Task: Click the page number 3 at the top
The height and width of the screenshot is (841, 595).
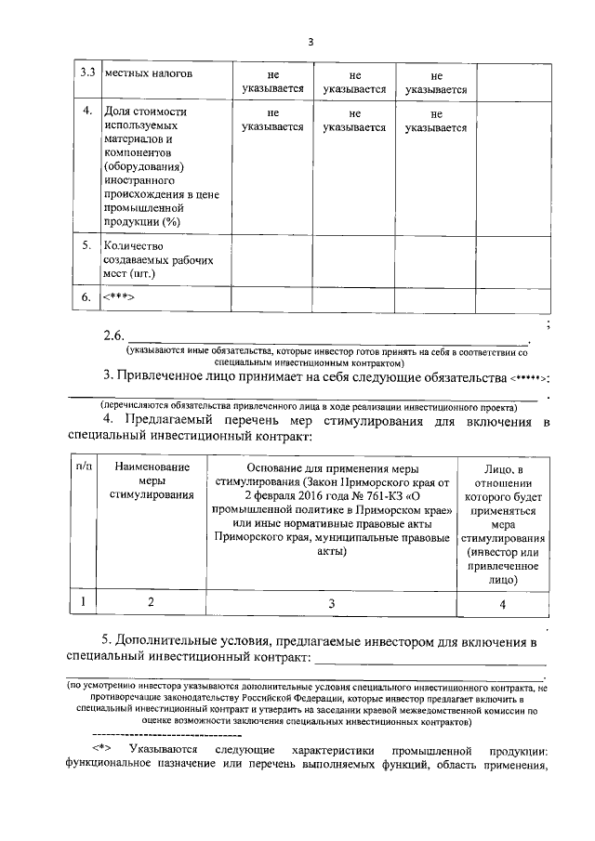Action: [x=311, y=41]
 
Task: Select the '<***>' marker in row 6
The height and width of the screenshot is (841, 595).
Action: [x=119, y=297]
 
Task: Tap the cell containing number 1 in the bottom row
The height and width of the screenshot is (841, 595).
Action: [x=84, y=602]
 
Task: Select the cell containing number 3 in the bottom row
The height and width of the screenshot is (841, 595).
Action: [x=332, y=602]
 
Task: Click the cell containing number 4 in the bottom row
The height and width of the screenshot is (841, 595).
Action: [x=503, y=602]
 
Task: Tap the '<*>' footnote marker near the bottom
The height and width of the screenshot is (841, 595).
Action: [x=102, y=750]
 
